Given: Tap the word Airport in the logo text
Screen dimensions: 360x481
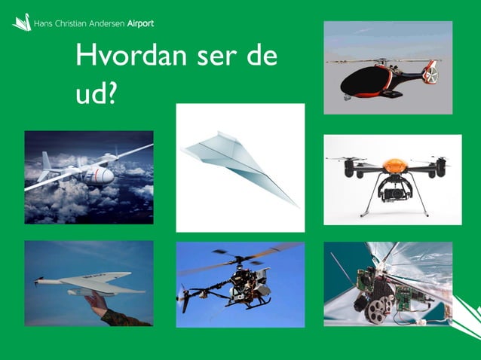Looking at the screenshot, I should pyautogui.click(x=136, y=23).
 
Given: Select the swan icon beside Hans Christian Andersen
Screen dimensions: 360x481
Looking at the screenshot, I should pyautogui.click(x=21, y=23).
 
